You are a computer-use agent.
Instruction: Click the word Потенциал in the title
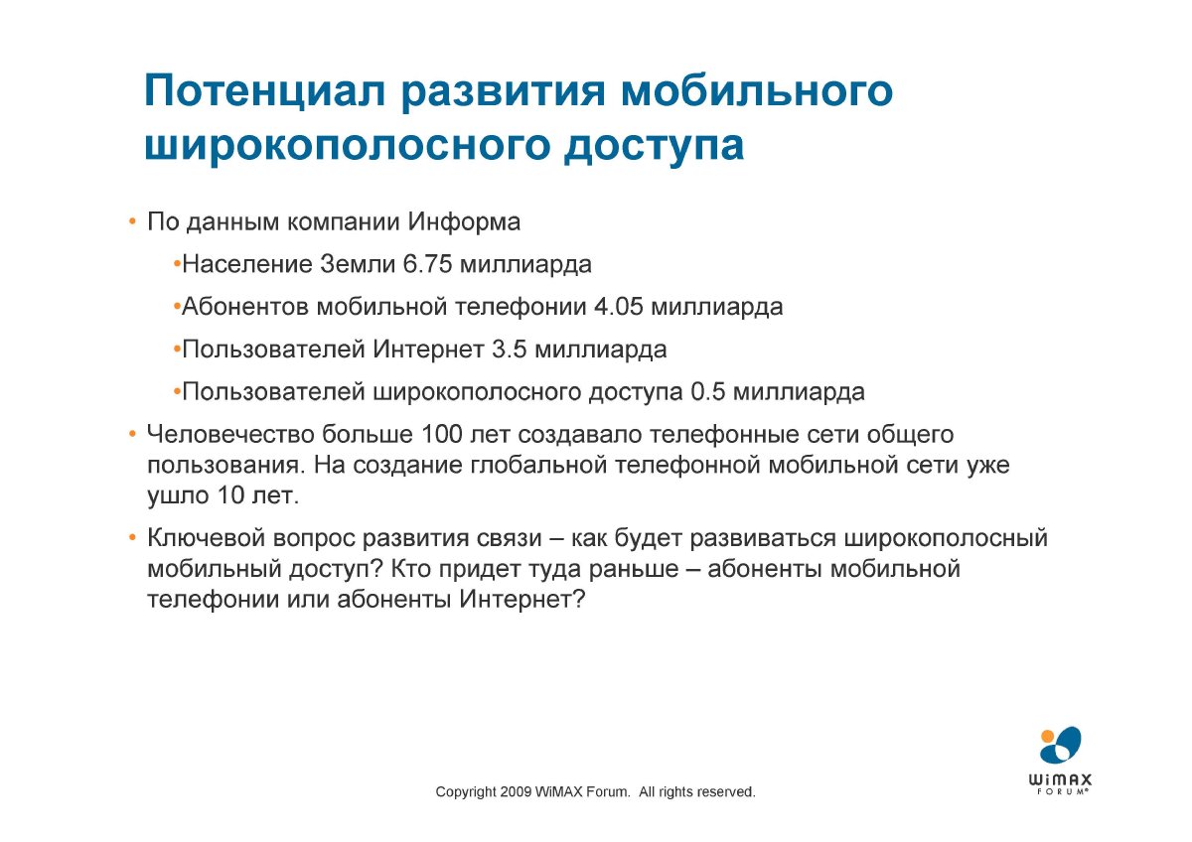coord(264,91)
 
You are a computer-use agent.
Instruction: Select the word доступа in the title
coord(654,146)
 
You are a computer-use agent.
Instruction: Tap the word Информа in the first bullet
coord(464,221)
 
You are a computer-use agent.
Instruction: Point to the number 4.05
coord(618,307)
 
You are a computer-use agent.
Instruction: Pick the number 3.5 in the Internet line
coord(510,350)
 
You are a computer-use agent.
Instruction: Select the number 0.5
coord(707,392)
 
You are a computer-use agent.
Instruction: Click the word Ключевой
coord(206,538)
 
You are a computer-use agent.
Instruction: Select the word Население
coord(247,264)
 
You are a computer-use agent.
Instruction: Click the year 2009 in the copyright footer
coord(516,792)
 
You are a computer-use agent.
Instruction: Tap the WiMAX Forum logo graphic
coord(1060,762)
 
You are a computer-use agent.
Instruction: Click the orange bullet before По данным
coord(132,222)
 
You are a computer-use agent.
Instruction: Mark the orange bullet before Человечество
coord(132,435)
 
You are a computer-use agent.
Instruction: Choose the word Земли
coord(358,264)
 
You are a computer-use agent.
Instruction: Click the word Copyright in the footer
coord(466,792)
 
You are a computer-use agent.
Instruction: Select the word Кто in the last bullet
coord(411,569)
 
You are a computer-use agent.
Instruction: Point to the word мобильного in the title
coord(757,91)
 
